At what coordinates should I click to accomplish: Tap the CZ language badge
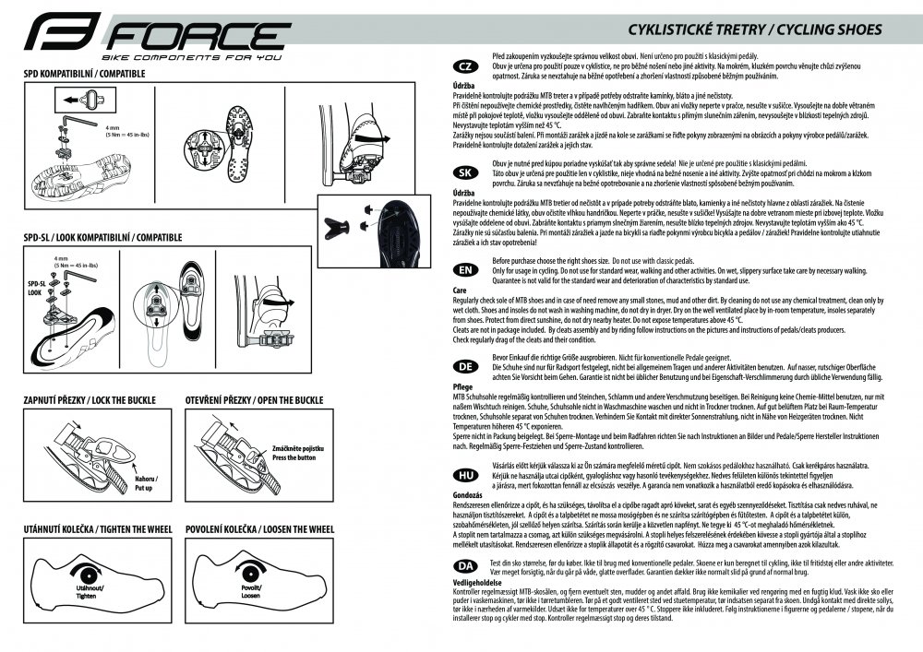click(x=467, y=66)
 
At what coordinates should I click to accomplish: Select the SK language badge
click(x=467, y=172)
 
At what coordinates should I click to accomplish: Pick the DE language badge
click(x=467, y=366)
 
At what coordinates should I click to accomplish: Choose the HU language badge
click(x=467, y=474)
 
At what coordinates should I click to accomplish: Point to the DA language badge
click(x=467, y=564)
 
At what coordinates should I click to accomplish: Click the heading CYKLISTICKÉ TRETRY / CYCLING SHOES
click(x=754, y=29)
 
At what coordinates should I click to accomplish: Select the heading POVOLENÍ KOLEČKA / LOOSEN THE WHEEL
click(x=259, y=529)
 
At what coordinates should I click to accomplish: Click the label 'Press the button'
click(x=294, y=457)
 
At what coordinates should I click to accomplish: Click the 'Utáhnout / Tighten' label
click(x=90, y=591)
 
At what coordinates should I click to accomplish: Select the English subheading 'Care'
click(x=459, y=290)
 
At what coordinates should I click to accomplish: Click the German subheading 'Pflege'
click(x=462, y=386)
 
